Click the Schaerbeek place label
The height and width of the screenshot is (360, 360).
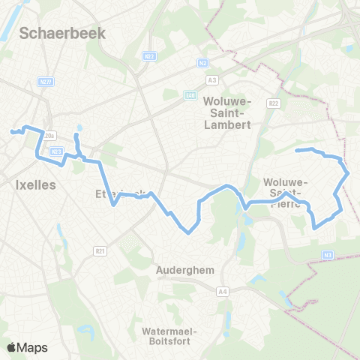click(63, 32)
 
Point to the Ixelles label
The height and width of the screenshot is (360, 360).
click(35, 184)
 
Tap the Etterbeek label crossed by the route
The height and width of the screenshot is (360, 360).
click(120, 193)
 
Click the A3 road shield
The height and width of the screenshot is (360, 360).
click(212, 79)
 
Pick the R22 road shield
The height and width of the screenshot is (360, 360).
click(273, 103)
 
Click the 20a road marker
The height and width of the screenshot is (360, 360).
click(50, 136)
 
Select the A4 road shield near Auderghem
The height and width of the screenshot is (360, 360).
click(222, 292)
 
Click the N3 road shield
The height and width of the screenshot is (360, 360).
click(328, 255)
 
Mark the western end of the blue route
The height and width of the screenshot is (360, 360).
click(11, 132)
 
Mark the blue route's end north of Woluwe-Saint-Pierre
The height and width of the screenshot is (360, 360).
click(297, 151)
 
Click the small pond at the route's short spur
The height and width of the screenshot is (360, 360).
click(76, 137)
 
